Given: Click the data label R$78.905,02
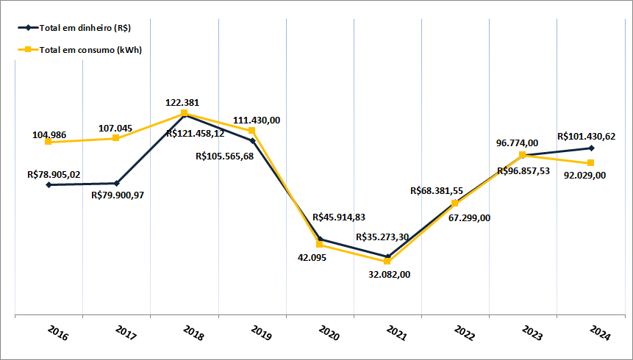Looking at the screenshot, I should click(x=54, y=175).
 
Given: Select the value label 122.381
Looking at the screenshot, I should click(x=182, y=103).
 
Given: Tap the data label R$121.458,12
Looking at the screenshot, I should click(x=195, y=134).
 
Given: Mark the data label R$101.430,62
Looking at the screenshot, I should click(x=587, y=136).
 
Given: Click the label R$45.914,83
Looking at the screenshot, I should click(x=339, y=217).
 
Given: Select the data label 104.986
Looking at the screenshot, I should click(x=50, y=135).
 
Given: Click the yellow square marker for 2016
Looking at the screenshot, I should click(x=49, y=142).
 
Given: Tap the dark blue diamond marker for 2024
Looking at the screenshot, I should click(x=591, y=148).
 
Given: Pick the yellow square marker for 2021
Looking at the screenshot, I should click(x=387, y=262).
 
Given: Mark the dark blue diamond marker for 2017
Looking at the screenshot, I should click(x=116, y=183).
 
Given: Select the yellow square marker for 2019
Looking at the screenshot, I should click(x=252, y=131).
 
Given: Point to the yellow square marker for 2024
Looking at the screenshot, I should click(x=591, y=163).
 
